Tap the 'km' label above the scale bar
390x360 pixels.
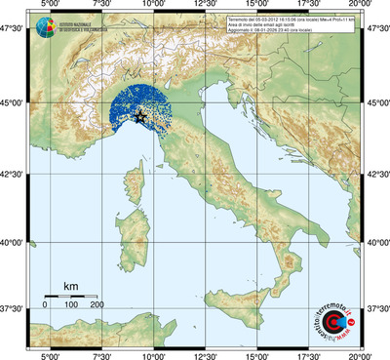(70, 286)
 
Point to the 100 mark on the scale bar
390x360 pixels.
(71, 305)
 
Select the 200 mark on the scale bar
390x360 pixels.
(97, 305)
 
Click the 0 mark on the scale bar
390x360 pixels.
(45, 305)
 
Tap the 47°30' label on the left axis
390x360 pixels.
(13, 31)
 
